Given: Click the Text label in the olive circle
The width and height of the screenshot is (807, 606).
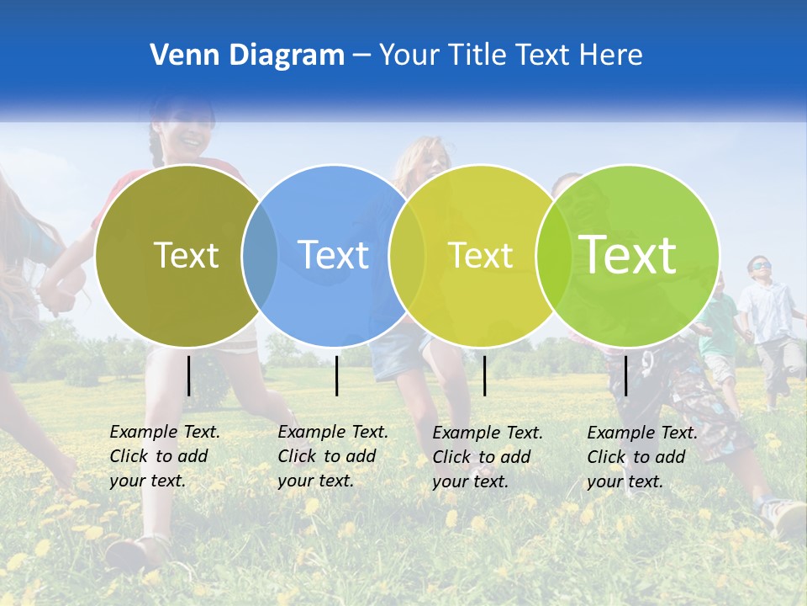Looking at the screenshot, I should [186, 255].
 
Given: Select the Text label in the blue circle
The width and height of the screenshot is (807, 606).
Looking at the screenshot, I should [333, 255].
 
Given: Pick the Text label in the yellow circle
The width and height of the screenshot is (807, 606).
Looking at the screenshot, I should [480, 255].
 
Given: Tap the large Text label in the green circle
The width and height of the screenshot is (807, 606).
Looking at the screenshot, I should [628, 254].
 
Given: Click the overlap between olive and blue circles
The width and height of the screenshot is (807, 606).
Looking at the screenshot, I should [260, 255].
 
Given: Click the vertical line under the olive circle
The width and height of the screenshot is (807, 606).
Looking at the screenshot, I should [188, 375].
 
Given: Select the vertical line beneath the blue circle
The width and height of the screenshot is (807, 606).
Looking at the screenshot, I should [336, 375].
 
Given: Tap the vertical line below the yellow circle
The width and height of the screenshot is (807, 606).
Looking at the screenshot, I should [484, 375].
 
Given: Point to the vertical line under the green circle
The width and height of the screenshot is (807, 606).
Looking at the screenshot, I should [625, 375].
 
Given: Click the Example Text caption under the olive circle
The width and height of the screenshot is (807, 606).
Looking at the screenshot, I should [164, 456].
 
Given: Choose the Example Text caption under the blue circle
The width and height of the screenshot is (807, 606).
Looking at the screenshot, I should [332, 456].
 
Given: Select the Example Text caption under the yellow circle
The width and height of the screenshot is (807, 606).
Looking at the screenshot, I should [487, 457].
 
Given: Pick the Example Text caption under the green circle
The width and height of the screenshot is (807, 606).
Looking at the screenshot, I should [641, 457].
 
